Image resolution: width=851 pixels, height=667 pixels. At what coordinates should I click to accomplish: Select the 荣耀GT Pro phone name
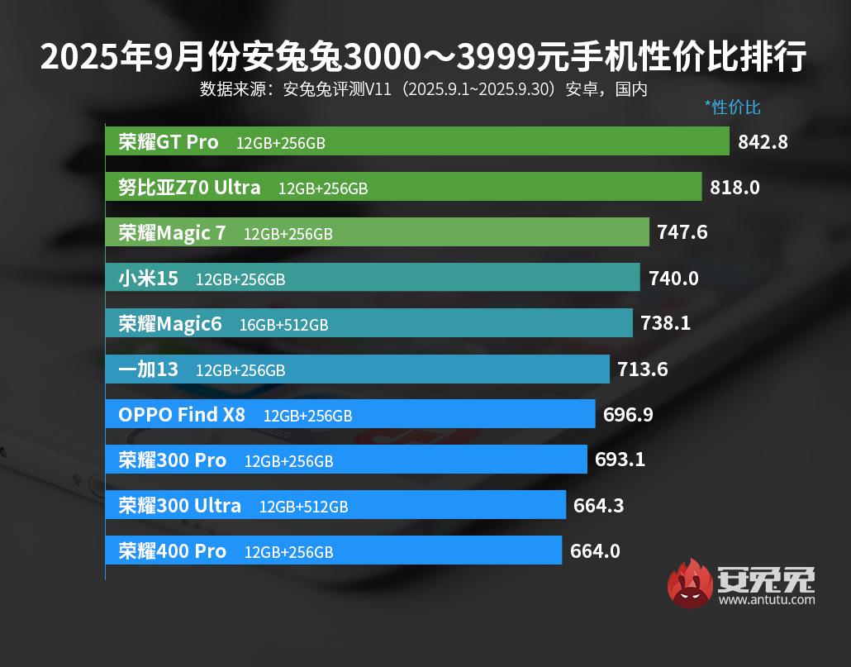(x=169, y=142)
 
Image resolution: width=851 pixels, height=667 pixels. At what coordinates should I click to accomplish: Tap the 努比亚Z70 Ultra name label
(x=189, y=188)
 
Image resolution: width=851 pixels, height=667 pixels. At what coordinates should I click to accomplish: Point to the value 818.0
(x=735, y=188)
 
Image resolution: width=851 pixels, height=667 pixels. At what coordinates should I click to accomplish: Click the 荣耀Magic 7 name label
(x=172, y=233)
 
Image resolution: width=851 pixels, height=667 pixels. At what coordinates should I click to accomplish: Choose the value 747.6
(x=682, y=233)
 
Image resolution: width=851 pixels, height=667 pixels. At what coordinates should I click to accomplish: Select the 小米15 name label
(x=148, y=279)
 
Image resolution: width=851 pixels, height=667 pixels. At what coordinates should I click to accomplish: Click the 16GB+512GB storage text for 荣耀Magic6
(x=283, y=325)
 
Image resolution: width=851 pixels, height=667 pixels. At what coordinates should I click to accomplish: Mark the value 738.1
(x=665, y=324)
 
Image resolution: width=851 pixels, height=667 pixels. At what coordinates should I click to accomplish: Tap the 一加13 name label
(x=148, y=369)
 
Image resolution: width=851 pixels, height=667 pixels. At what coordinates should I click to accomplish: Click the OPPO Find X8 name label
(x=182, y=415)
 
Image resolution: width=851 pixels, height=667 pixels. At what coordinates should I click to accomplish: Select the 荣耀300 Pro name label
(x=172, y=460)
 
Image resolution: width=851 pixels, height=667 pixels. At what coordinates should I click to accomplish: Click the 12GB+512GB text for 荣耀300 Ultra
(x=303, y=506)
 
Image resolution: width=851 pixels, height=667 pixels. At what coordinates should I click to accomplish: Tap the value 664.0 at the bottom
(x=595, y=550)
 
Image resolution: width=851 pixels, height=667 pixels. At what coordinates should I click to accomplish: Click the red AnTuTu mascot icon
(x=690, y=584)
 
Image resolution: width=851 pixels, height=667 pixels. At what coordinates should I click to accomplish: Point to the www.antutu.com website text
(x=767, y=599)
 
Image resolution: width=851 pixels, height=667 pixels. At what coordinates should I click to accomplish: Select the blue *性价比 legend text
(x=732, y=107)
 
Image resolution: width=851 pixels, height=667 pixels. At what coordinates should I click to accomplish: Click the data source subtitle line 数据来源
(x=423, y=89)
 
